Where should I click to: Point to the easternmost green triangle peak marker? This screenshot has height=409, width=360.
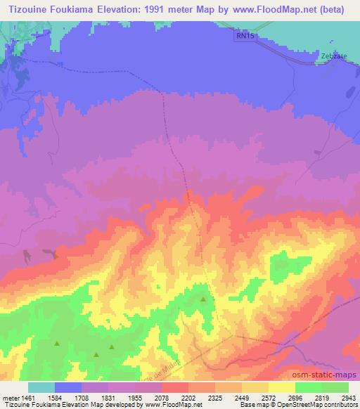[204, 299]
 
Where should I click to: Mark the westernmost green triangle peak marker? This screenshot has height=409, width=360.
[58, 344]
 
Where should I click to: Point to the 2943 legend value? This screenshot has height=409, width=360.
[348, 397]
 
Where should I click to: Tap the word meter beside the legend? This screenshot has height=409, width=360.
[13, 397]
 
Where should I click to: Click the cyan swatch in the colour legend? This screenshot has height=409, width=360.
[41, 387]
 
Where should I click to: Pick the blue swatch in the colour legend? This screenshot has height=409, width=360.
[68, 387]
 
